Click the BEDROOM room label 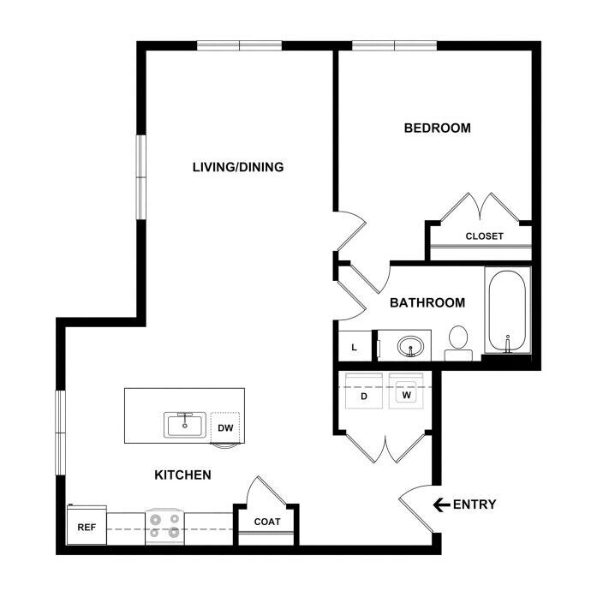click(x=437, y=128)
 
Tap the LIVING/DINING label click(x=238, y=167)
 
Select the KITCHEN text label click(x=182, y=475)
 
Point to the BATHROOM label click(x=427, y=302)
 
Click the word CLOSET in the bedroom click(x=484, y=236)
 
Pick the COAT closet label click(x=267, y=522)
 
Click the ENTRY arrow click(x=442, y=504)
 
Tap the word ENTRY click(x=475, y=504)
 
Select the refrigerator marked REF click(x=87, y=525)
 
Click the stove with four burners click(x=164, y=527)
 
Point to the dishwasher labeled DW click(x=225, y=428)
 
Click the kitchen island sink click(x=185, y=425)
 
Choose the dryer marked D click(x=364, y=391)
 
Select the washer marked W click(x=406, y=391)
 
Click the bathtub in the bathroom click(x=508, y=310)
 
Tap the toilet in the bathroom click(x=458, y=343)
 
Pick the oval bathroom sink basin click(x=410, y=347)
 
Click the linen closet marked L click(x=355, y=346)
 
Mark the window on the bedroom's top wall click(x=394, y=45)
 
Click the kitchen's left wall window click(x=61, y=433)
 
